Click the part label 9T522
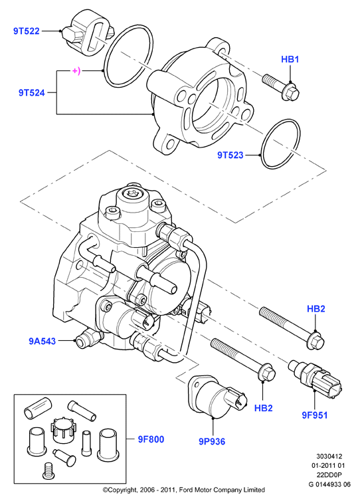(27, 31)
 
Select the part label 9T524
(31, 93)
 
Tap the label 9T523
(230, 155)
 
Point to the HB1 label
(290, 59)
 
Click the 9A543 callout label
(43, 341)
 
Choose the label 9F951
(315, 415)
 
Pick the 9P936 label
(212, 441)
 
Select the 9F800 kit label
(151, 439)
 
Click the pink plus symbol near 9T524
(76, 70)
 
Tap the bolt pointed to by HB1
(281, 86)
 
